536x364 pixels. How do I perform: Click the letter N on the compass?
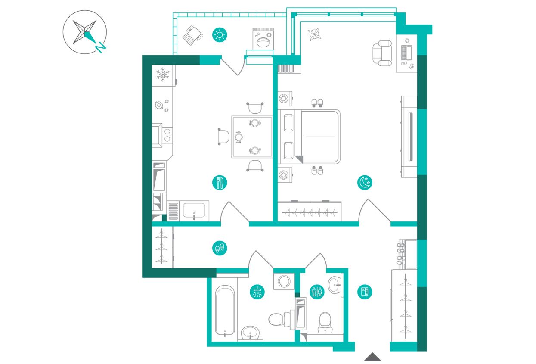[101, 47]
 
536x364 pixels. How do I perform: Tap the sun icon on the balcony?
[220, 35]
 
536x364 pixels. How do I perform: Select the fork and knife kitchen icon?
[220, 183]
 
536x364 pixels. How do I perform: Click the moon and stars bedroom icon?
[365, 183]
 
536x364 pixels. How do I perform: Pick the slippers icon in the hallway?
[220, 248]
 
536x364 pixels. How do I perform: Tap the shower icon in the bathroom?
[257, 292]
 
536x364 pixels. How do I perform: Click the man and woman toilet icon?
[317, 292]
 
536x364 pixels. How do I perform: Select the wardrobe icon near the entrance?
[365, 292]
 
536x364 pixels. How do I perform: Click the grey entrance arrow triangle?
[372, 357]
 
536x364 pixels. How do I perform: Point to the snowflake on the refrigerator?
[163, 75]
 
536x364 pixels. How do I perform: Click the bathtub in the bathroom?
[225, 310]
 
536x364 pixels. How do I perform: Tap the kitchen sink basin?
[194, 210]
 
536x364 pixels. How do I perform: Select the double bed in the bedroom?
[309, 137]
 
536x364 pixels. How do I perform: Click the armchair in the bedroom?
[382, 53]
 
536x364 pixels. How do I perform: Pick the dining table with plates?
[252, 137]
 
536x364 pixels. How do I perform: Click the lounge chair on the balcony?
[193, 35]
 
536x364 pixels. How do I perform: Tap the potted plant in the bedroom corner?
[314, 34]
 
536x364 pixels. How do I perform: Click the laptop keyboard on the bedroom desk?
[404, 53]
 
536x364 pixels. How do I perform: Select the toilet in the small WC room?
[325, 323]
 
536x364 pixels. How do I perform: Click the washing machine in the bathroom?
[284, 281]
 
